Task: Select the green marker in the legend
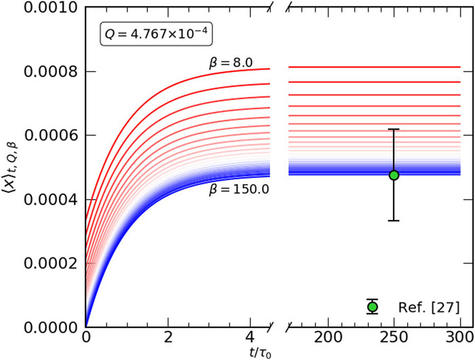(372, 307)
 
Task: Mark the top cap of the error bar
(394, 129)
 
